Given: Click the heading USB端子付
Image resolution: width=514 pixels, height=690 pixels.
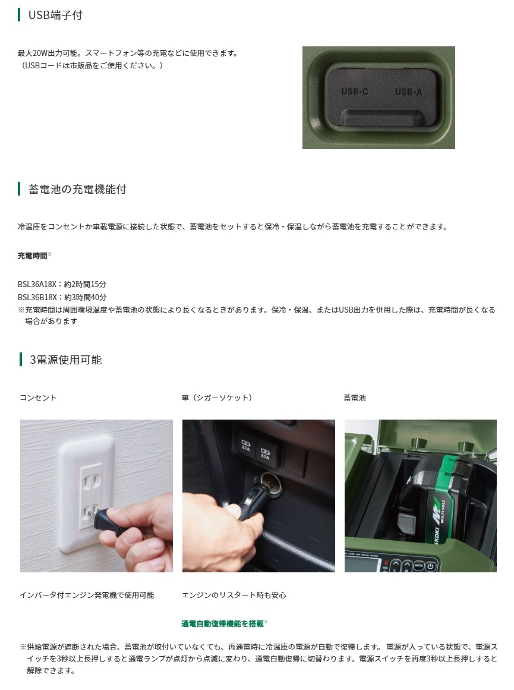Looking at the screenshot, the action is coord(55,15).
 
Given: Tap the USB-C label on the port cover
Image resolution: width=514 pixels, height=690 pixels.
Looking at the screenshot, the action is coord(355,92).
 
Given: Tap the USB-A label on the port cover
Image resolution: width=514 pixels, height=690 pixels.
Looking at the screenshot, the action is coord(408,92).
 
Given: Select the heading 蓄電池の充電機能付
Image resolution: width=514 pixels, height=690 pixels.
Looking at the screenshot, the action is coord(77,189).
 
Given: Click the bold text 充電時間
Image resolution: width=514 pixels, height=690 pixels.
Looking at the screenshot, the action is coord(32,256).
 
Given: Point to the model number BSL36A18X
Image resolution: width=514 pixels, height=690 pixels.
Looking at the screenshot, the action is coord(37,284).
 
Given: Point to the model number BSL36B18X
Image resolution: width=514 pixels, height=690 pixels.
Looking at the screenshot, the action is coord(37,297).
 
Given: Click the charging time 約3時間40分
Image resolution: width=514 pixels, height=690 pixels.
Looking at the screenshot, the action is coord(86,297).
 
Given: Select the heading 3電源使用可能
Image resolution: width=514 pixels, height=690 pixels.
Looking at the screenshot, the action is coord(65,360).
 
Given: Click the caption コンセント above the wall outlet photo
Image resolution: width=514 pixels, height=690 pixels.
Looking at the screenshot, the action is coord(38,398).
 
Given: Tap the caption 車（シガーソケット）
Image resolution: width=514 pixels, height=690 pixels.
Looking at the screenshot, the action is coord(216,398).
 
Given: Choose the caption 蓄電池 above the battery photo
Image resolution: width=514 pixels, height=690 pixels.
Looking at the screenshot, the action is coord(355,398).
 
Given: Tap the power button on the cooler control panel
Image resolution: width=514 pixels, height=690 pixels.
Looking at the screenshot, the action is coord(430,566).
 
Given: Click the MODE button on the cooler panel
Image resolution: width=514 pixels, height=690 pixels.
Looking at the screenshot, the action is coord(418,565).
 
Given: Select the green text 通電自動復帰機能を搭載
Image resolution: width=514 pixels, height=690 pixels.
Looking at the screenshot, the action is coord(222,623).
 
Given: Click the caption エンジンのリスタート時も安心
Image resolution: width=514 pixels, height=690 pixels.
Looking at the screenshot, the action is coord(234,595).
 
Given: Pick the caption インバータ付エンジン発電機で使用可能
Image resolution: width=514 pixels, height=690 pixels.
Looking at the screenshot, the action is coord(87,595).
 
